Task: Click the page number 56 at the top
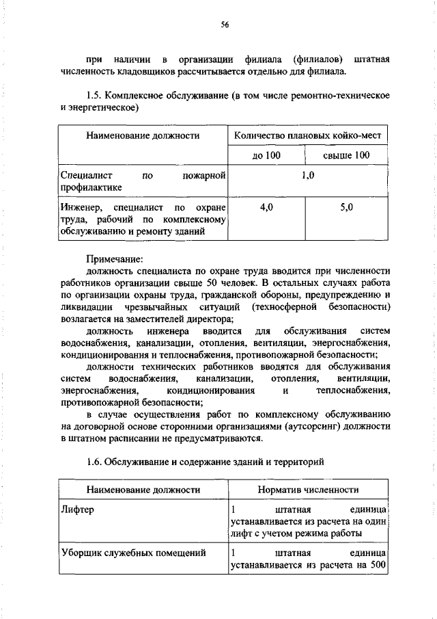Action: tap(224, 25)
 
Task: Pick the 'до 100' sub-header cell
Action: tap(266, 156)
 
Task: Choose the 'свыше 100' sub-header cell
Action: tap(346, 156)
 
